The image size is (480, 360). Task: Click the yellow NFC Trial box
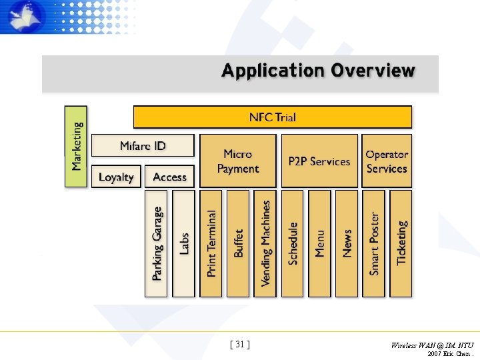tap(273, 117)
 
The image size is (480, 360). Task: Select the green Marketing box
tap(76, 146)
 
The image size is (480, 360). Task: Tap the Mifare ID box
tap(143, 145)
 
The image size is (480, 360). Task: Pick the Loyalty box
tap(116, 177)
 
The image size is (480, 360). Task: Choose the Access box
tap(169, 177)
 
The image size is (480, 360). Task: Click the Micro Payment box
tap(237, 161)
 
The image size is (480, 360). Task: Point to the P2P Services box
tap(319, 161)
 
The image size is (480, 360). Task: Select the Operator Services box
tap(387, 161)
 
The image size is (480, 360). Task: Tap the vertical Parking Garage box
tap(157, 243)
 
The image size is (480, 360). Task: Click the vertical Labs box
tap(184, 243)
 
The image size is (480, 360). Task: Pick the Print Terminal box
tap(211, 243)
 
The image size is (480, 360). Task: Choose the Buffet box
tap(238, 243)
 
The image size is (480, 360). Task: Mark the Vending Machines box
tap(265, 243)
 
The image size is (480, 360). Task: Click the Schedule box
tap(293, 243)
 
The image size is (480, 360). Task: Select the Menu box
tap(319, 243)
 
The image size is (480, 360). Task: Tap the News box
tap(347, 243)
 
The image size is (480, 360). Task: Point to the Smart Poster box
tap(374, 243)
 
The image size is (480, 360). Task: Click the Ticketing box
tap(401, 243)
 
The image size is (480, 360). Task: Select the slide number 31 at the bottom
tap(240, 344)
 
